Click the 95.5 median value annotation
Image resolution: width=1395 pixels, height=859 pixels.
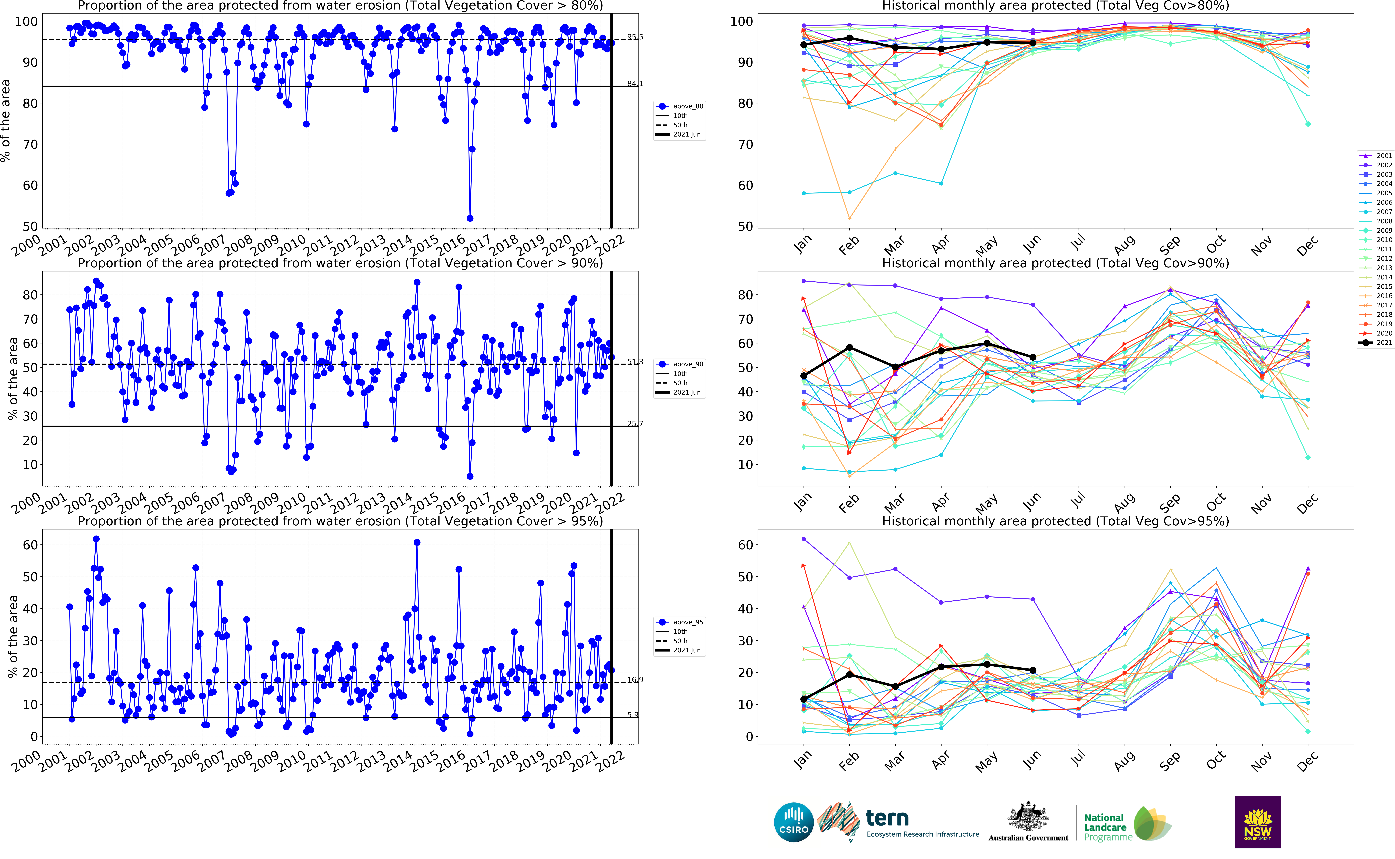(x=635, y=37)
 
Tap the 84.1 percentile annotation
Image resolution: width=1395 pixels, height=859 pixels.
(x=635, y=84)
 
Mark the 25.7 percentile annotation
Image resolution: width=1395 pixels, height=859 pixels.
(x=635, y=423)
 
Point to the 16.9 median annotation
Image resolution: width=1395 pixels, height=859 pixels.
(x=635, y=679)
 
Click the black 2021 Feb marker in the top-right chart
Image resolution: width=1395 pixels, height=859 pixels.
(x=849, y=38)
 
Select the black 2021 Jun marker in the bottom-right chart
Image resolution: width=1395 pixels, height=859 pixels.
(x=1033, y=670)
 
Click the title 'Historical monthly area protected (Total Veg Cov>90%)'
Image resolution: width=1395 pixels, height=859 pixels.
(x=1055, y=263)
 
